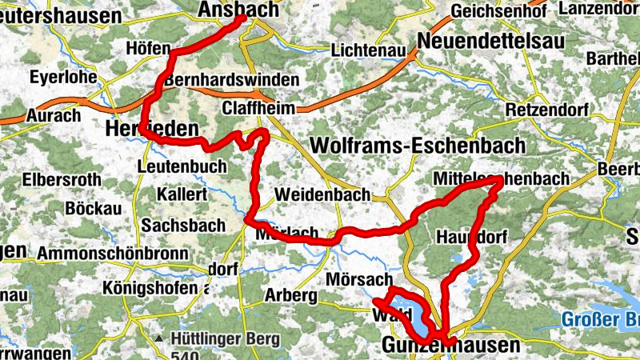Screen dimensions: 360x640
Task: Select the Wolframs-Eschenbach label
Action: (x=418, y=146)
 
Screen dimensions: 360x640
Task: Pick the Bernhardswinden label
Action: (x=231, y=81)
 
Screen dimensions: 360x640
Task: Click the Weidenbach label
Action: (x=322, y=194)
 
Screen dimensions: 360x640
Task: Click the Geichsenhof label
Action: (x=498, y=11)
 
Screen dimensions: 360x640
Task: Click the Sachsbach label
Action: (x=183, y=226)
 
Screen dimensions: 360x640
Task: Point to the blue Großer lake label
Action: (x=599, y=321)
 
